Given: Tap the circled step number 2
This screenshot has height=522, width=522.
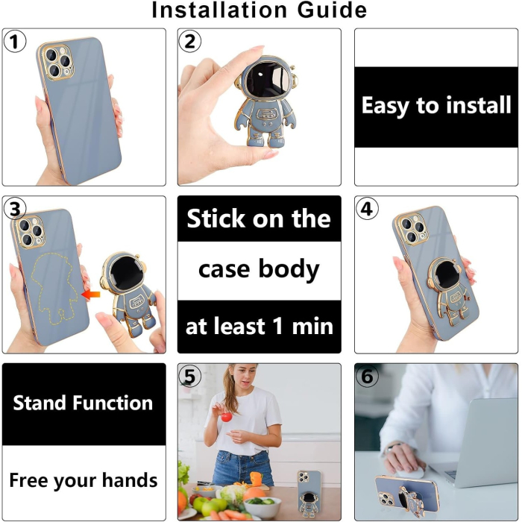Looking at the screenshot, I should coord(190,42).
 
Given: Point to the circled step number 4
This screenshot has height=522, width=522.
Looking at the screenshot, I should coord(366,210).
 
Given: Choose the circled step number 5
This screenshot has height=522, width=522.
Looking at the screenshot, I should coord(190,377).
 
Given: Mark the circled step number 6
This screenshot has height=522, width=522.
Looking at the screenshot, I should coord(366,377).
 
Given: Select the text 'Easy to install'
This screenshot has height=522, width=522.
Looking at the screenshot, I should coord(436,106).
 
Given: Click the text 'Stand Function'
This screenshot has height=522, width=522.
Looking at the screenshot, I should coord(83,403).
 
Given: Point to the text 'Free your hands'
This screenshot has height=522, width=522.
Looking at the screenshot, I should coord(83,479).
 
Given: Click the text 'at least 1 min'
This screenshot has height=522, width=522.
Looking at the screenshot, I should coord(259,326).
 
